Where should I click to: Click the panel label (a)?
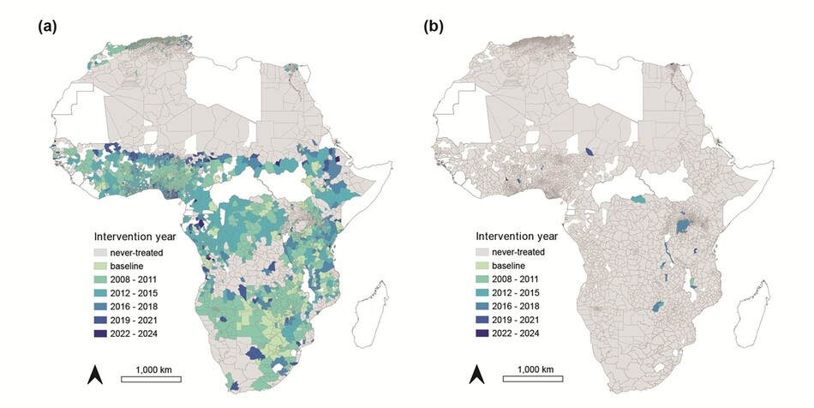[47, 27]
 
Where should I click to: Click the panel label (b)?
[434, 27]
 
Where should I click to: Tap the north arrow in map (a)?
[95, 375]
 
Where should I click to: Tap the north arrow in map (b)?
[476, 375]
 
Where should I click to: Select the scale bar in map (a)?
[151, 380]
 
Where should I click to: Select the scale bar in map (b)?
[533, 380]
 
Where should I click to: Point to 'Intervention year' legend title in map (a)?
[135, 237]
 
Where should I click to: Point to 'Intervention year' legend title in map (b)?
[517, 237]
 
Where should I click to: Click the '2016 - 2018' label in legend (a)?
[134, 307]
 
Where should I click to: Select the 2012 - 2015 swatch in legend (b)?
[482, 293]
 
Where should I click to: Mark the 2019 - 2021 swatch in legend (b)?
[482, 321]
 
